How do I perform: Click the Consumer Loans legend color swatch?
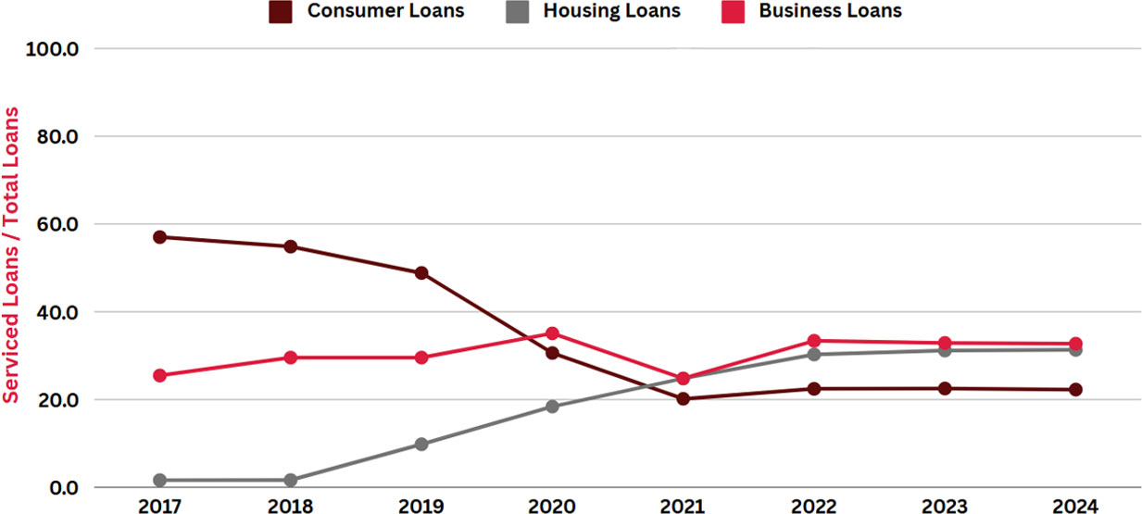(x=279, y=12)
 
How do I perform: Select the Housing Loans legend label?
(x=611, y=12)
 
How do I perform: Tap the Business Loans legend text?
(x=830, y=12)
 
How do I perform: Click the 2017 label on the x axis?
(x=159, y=506)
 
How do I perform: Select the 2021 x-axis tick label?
(x=683, y=506)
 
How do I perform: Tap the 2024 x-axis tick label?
(x=1074, y=506)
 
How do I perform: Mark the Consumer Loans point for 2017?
(x=159, y=237)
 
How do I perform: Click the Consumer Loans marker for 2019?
(x=421, y=273)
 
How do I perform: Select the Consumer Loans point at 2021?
(x=683, y=399)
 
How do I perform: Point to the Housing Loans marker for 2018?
(x=290, y=481)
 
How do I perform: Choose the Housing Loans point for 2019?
(x=421, y=445)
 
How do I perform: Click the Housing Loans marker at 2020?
(x=552, y=407)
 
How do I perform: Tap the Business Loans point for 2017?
(x=159, y=376)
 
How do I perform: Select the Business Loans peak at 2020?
(x=552, y=333)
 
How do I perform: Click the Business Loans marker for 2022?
(x=813, y=341)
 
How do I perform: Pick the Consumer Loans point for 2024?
(x=1074, y=390)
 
